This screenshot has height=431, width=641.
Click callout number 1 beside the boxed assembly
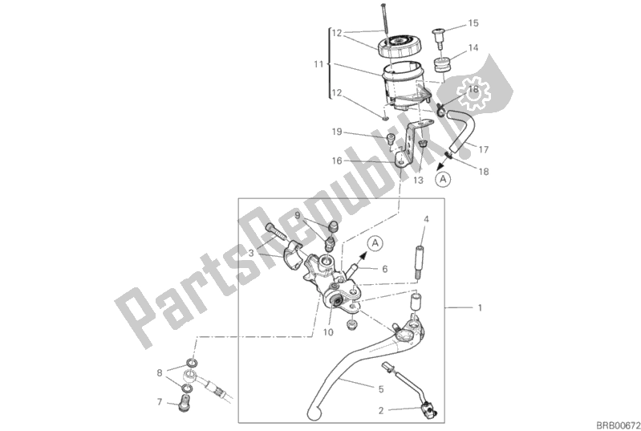coord(481,307)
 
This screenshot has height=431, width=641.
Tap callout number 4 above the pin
coord(427,219)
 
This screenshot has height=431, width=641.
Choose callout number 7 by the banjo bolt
coord(160,401)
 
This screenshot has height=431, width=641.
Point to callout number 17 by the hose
coord(485,148)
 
